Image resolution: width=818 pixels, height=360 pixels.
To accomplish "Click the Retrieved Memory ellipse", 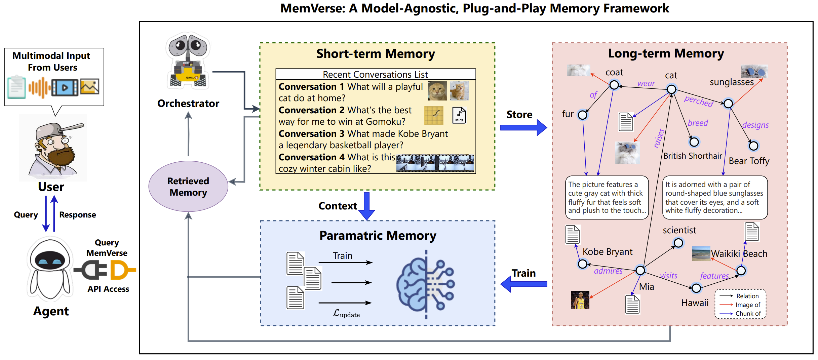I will click(x=188, y=187).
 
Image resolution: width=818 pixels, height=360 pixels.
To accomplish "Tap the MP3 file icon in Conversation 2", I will click(x=459, y=115).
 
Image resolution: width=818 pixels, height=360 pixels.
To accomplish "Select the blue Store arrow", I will click(x=523, y=127).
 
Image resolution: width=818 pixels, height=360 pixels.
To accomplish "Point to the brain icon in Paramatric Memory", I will click(x=425, y=284).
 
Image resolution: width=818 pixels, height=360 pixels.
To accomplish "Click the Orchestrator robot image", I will click(x=188, y=61).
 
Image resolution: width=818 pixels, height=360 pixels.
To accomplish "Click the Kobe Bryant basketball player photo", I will click(x=580, y=300).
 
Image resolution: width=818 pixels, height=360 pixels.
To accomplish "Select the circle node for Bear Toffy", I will click(x=753, y=146).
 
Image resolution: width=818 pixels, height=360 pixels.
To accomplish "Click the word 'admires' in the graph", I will click(x=608, y=271).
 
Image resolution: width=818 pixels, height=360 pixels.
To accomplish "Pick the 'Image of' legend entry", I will click(x=747, y=305).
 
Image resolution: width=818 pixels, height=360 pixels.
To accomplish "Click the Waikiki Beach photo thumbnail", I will click(x=701, y=254).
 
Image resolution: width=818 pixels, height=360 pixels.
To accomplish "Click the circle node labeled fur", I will click(x=583, y=115).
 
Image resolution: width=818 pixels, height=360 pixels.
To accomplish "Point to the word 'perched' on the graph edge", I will click(x=698, y=101).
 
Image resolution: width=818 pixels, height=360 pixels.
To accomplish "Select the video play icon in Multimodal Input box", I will click(x=65, y=88).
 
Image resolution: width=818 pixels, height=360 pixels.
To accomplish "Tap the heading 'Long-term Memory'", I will click(x=666, y=54).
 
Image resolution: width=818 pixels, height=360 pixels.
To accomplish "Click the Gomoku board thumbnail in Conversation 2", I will click(x=434, y=115).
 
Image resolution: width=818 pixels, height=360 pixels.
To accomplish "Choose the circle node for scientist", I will click(x=678, y=243).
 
